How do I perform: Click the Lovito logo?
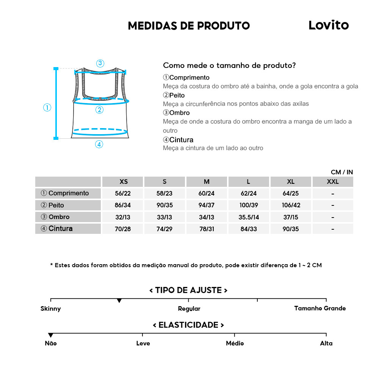(x=328, y=25)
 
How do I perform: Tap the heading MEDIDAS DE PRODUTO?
(x=189, y=26)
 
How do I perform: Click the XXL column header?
(x=332, y=182)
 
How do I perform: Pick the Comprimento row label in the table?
(x=68, y=193)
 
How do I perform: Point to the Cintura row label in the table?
(x=68, y=229)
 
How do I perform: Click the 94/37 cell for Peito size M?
(x=206, y=205)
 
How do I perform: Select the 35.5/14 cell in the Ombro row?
(x=249, y=217)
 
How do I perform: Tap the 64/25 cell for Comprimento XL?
(x=291, y=194)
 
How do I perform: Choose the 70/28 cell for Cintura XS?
(x=123, y=229)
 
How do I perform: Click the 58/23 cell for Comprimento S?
(x=164, y=194)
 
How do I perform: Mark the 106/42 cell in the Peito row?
(x=291, y=205)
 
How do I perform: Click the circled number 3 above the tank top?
(x=100, y=63)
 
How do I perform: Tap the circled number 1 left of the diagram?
(x=47, y=108)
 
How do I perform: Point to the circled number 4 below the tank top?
(x=99, y=144)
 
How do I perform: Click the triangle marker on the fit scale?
(x=119, y=301)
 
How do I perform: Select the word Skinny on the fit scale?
(x=50, y=309)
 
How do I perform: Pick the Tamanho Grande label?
(x=320, y=308)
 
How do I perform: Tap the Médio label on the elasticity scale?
(x=235, y=343)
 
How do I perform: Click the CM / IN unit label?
(x=341, y=172)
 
